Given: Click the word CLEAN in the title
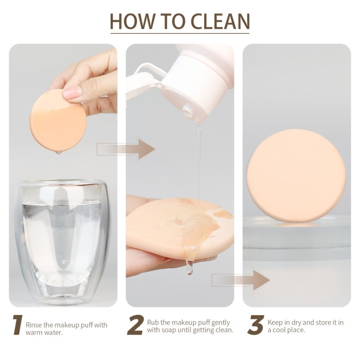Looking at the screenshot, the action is pos(220,21).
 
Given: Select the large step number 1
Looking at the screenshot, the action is pos(18,324).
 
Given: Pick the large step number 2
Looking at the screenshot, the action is pos(135,324).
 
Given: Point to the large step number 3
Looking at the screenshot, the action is pos(255,324).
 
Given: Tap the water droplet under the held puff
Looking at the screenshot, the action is pos(59,152).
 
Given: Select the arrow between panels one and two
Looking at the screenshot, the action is pos(126,149).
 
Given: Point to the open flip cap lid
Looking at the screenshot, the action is pos(147,79).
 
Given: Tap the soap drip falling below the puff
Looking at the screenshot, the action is pos(189,267).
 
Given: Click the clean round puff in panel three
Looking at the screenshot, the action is pos(296,175).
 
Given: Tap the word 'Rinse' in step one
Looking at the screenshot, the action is pos(34,325).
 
